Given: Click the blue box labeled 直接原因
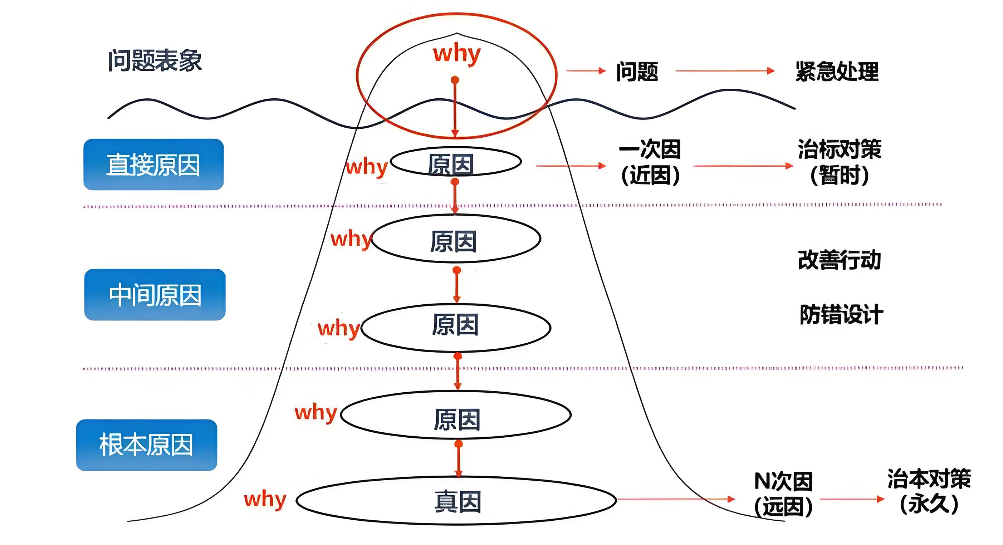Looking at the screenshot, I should coord(153,165).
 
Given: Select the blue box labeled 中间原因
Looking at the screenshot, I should coord(155,295).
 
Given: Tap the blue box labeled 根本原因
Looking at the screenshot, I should coord(146,445).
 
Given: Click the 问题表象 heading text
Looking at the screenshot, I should coord(155,61).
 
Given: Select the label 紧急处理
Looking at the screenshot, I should coord(837,72).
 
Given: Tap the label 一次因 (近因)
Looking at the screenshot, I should coord(650,162).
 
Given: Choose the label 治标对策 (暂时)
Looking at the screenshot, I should coord(840,162).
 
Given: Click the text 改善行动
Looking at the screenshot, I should coord(839,260).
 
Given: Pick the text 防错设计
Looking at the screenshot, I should coord(841,315).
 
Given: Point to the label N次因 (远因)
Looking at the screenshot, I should coord(783,494).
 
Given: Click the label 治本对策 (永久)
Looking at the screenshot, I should coord(929,491).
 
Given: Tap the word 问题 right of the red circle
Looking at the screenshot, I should coord(637,72).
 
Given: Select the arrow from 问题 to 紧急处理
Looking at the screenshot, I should coord(724,71).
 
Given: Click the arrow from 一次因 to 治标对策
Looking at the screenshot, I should coord(743,166).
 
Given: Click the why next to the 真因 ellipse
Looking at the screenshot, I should coord(265,499).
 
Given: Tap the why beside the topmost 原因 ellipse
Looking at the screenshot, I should coord(366,167).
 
